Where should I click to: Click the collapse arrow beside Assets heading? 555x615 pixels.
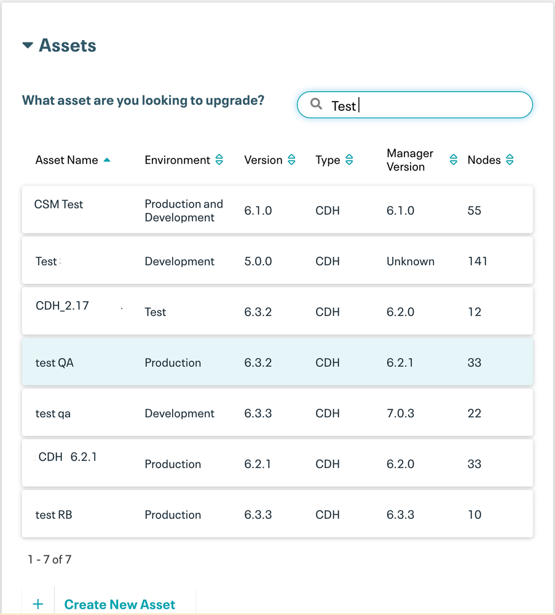(x=28, y=46)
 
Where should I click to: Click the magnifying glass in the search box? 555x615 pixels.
(x=316, y=104)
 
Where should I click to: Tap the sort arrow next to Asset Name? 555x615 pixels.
(x=107, y=160)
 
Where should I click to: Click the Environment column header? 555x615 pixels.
(x=178, y=160)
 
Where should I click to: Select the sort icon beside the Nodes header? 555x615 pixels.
(x=510, y=160)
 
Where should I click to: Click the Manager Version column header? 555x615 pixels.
(x=410, y=160)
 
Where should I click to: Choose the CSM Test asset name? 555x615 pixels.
(x=59, y=204)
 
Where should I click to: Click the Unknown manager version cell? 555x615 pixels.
(x=411, y=261)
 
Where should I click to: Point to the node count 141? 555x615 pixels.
(x=478, y=261)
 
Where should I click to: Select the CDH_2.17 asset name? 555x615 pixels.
(x=63, y=306)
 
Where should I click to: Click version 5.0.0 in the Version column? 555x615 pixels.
(x=258, y=261)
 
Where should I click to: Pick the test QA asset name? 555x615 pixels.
(x=55, y=363)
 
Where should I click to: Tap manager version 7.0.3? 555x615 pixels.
(x=400, y=413)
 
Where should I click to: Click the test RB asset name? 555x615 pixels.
(x=54, y=515)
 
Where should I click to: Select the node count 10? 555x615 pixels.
(x=474, y=515)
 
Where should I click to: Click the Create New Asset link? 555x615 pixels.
(x=120, y=605)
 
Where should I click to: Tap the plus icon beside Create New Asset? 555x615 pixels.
(x=38, y=605)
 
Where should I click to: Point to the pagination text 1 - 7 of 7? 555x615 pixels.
(x=50, y=560)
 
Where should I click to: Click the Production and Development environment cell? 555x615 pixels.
(x=184, y=211)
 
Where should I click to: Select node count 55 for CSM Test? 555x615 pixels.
(x=474, y=211)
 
